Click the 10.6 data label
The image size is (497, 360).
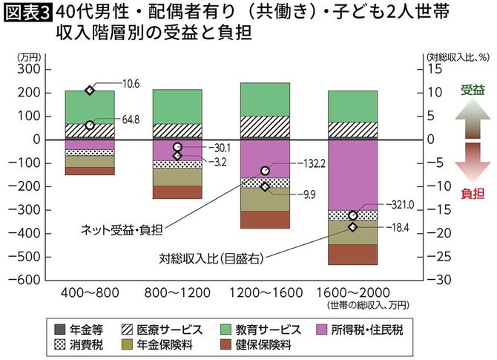coord(130,83)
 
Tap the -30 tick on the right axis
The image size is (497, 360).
coord(436,281)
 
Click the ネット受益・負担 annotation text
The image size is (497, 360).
coord(119,229)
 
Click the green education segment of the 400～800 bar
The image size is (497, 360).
coord(90,107)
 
